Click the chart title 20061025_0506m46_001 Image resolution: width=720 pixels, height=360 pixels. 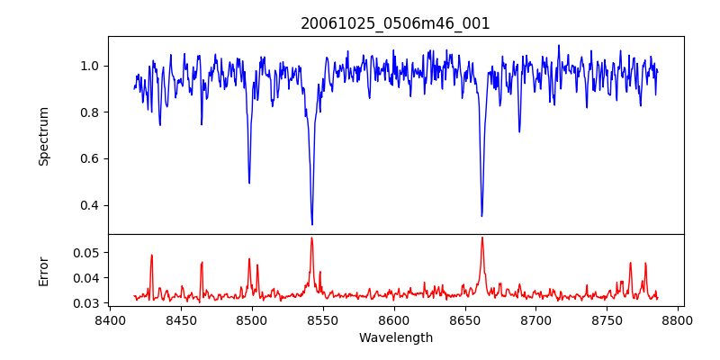click(395, 23)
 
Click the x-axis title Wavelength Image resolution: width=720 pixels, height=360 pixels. click(395, 337)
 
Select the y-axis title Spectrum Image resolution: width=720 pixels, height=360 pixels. click(43, 136)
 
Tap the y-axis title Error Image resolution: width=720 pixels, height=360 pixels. click(43, 270)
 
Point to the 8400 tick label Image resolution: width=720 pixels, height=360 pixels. click(110, 319)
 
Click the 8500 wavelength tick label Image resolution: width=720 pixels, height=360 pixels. click(252, 319)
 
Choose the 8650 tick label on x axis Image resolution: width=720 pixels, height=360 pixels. click(465, 319)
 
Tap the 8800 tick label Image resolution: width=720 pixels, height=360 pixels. click(679, 319)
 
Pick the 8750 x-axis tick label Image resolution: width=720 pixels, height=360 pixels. click(607, 319)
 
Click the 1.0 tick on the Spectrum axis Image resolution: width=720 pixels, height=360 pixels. click(90, 66)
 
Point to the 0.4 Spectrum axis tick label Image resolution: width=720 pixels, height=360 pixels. click(90, 205)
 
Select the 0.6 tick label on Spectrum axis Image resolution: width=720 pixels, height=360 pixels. click(90, 158)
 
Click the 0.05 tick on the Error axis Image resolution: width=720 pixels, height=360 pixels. click(86, 253)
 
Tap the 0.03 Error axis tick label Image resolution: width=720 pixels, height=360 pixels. click(86, 303)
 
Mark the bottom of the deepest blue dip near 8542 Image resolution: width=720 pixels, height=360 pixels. click(312, 224)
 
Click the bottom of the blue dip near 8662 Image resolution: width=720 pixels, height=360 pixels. click(481, 216)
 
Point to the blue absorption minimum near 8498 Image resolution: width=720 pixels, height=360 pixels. click(249, 183)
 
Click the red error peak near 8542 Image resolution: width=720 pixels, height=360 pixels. click(311, 238)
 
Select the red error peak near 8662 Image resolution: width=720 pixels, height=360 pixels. click(482, 238)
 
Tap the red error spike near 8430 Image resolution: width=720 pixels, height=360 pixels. click(152, 255)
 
